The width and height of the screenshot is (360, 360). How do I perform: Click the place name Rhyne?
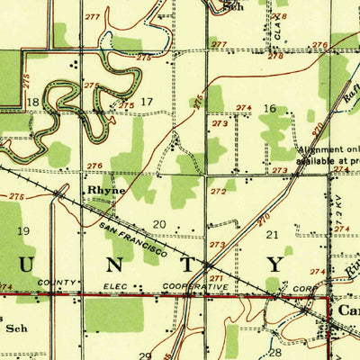tap(105, 191)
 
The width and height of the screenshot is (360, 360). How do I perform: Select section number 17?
tap(147, 101)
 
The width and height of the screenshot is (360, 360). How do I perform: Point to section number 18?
tap(33, 103)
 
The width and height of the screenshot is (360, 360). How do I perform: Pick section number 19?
tap(23, 231)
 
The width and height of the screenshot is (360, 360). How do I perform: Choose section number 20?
tap(159, 223)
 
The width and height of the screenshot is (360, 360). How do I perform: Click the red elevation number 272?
tap(217, 192)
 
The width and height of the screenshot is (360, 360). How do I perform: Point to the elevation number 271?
tap(216, 279)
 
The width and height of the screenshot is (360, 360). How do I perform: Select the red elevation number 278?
tap(275, 56)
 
